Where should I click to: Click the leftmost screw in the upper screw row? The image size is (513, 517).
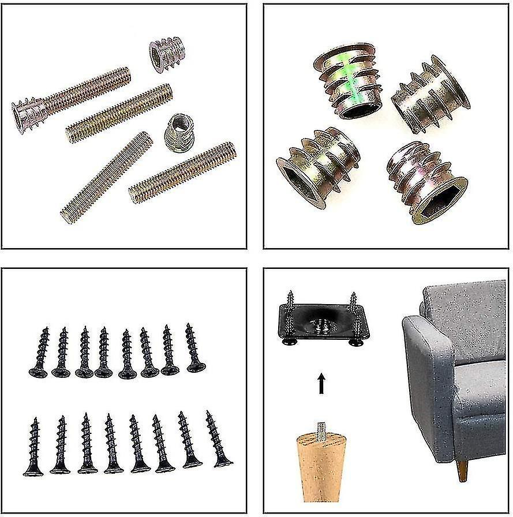[40, 352]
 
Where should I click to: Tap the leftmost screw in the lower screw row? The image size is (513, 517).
[33, 447]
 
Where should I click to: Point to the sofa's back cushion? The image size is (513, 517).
[462, 312]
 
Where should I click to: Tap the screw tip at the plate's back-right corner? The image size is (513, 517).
[353, 301]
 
